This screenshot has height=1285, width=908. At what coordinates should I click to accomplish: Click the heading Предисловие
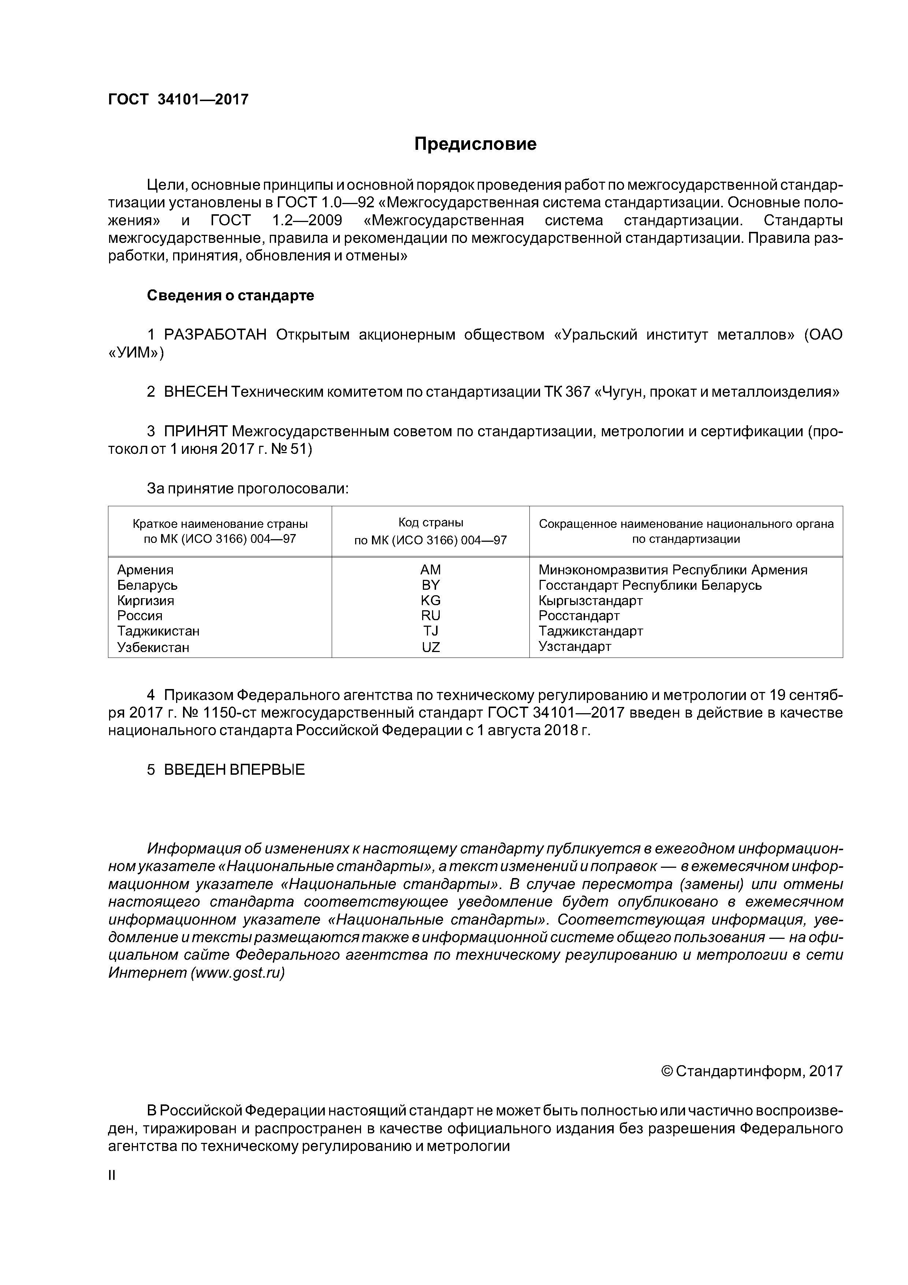point(475,144)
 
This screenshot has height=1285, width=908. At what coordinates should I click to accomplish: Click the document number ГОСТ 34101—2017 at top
point(178,100)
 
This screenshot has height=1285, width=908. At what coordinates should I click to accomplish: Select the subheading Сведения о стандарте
point(231,296)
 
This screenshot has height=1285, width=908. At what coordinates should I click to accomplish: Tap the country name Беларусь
point(147,585)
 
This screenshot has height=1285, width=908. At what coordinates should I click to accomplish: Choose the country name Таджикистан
point(158,631)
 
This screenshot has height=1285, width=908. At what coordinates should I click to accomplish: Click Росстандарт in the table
point(579,616)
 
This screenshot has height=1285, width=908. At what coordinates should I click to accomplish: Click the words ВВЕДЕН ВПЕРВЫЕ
point(234,770)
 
